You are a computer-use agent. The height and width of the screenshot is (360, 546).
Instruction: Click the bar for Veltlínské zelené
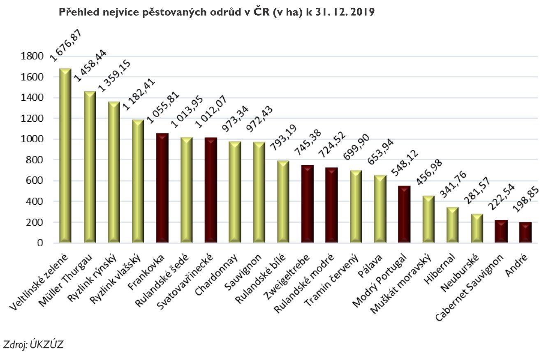(x=65, y=156)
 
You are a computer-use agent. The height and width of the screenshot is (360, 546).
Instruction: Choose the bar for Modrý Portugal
(x=404, y=214)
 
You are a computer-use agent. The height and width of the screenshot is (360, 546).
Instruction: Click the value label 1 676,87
(x=66, y=45)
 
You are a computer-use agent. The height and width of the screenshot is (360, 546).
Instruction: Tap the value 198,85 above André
(x=526, y=201)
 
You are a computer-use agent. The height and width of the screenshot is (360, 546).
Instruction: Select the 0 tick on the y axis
(x=40, y=243)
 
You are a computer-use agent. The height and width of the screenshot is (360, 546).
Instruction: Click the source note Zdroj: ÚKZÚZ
(x=34, y=344)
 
